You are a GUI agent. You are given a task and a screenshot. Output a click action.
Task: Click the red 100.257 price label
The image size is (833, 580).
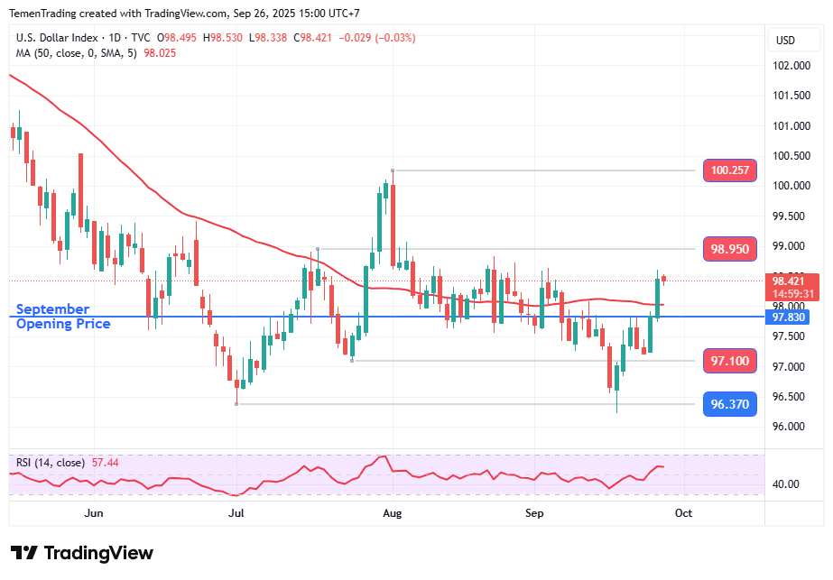pos(729,170)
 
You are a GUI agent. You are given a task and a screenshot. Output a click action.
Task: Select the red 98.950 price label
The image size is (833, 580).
pos(729,249)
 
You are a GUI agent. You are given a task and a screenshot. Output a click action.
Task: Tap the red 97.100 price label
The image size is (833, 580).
pos(729,361)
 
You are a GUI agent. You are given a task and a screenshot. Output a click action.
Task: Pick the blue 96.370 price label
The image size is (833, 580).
pos(729,404)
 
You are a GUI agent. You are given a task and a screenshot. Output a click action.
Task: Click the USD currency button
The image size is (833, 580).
pos(785,40)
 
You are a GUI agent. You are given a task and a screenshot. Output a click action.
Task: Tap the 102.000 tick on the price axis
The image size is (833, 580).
pos(791,66)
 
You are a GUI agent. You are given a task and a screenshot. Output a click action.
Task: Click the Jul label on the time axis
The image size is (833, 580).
pos(237,513)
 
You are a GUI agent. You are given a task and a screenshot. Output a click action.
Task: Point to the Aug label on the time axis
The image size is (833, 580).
pos(392,513)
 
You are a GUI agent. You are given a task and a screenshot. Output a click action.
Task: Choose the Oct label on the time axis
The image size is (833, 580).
pos(683,513)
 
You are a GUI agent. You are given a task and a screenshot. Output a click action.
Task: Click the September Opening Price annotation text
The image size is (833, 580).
pos(63,317)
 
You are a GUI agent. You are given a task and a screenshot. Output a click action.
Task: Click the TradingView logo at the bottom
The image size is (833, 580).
pos(81,553)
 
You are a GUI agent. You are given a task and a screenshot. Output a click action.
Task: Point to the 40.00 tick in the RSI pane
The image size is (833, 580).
pos(787,483)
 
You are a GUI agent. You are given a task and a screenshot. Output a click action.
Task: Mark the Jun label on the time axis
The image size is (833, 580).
pos(93,513)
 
